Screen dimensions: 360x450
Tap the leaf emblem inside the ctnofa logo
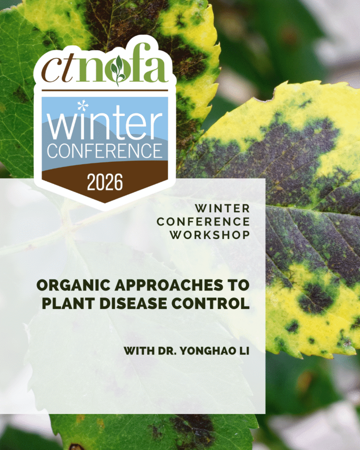[118, 70]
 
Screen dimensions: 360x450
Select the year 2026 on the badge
[105, 182]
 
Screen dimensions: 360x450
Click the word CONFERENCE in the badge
[105, 151]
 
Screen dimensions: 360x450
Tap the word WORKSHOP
[210, 235]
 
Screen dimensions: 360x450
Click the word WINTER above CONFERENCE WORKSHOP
[222, 208]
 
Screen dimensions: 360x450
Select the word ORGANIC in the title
[73, 285]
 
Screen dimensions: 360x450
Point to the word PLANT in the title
[68, 304]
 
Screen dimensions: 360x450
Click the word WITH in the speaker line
[139, 351]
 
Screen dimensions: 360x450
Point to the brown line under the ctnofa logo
[105, 91]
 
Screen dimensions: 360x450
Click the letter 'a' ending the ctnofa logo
[157, 70]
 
